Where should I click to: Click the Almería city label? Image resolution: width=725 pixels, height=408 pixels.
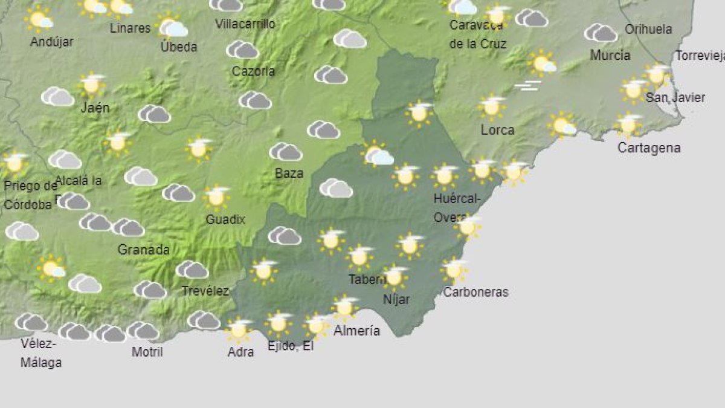(x=356, y=331)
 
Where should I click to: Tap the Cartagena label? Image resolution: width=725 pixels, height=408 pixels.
(x=648, y=148)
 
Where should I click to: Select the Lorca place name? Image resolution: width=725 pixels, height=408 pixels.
(x=497, y=130)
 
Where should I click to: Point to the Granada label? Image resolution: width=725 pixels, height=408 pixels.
(x=143, y=250)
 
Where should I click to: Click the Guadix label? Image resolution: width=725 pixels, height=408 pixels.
(x=225, y=219)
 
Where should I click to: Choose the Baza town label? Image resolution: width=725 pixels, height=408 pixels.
(x=289, y=173)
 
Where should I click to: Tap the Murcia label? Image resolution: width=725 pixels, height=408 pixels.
(x=610, y=56)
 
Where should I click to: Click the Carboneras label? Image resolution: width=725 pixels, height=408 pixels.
(x=475, y=293)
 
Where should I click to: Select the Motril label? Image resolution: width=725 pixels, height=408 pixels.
(x=147, y=351)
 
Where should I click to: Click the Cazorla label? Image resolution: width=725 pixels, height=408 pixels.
(x=253, y=71)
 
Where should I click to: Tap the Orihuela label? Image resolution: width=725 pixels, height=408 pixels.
(x=648, y=29)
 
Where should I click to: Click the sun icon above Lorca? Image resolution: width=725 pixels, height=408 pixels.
(x=492, y=107)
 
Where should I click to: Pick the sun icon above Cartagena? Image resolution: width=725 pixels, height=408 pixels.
(x=628, y=125)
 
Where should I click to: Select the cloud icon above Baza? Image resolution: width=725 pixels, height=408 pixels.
(x=286, y=152)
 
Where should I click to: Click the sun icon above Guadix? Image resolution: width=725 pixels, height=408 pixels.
(x=216, y=197)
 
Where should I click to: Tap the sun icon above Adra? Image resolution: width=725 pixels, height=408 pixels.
(x=239, y=329)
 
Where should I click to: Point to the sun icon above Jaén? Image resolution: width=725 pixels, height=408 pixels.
(x=92, y=85)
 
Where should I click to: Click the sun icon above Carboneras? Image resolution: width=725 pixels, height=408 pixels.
(x=454, y=270)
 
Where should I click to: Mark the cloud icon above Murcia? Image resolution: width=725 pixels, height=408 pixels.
(x=601, y=33)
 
